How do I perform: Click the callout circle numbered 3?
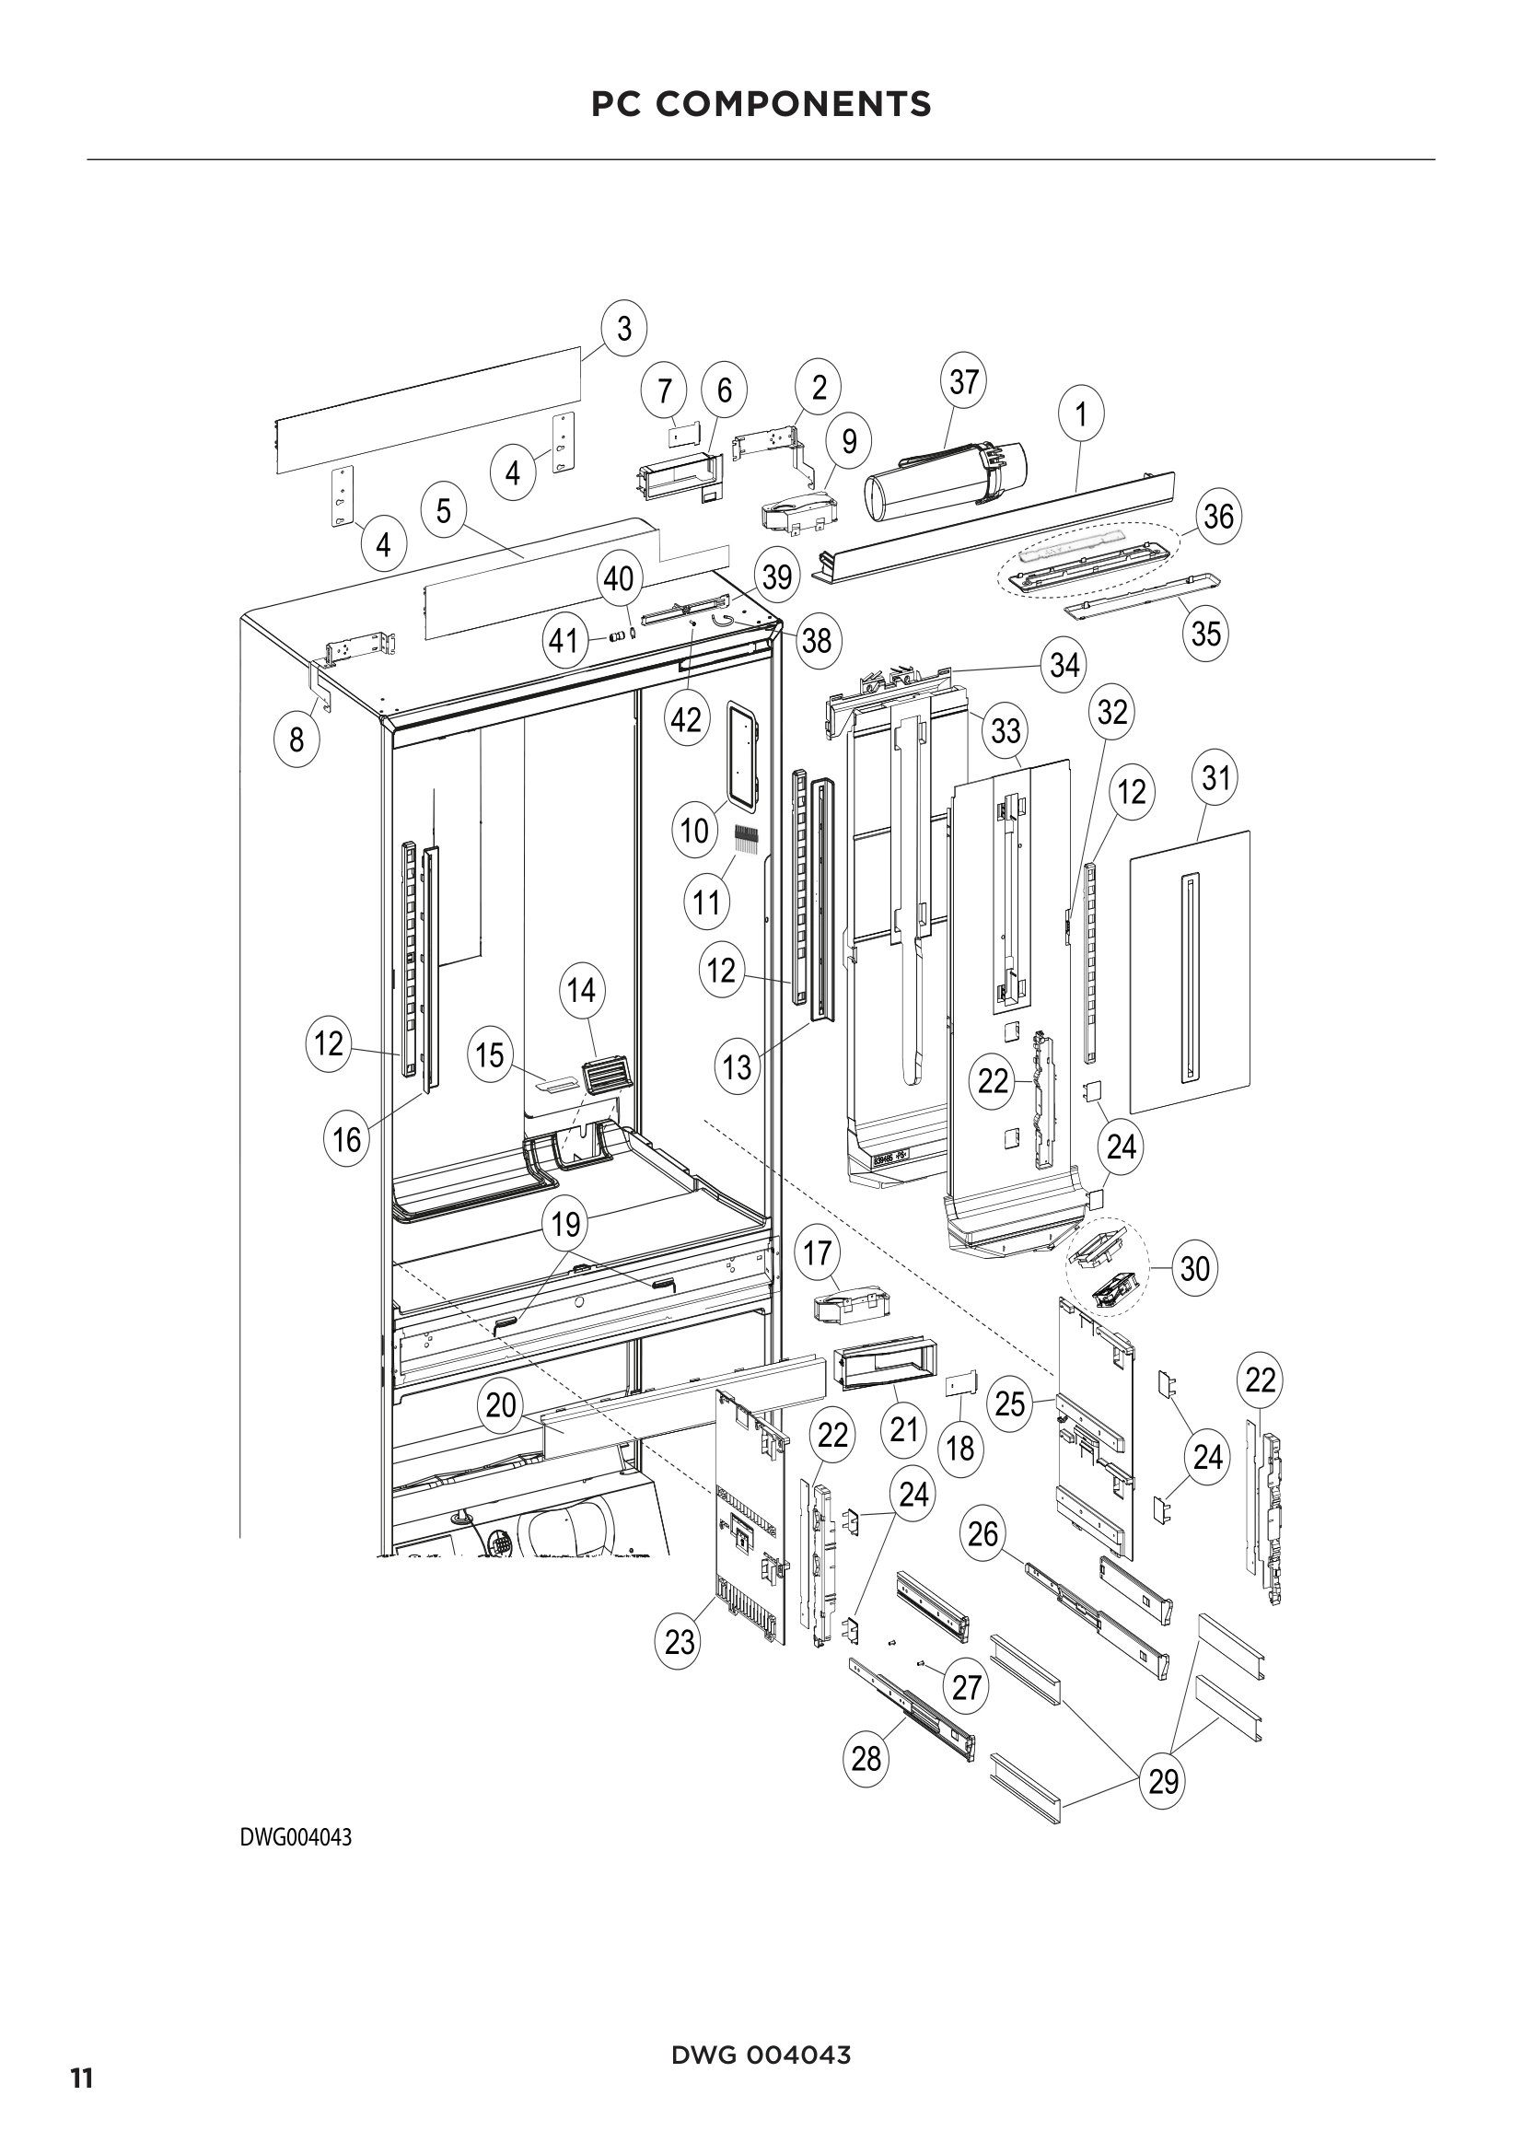[624, 329]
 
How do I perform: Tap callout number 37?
[963, 382]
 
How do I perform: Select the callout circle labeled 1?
[1081, 413]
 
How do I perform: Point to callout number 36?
[1218, 516]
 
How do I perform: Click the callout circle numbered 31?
[1215, 778]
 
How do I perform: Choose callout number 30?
[1194, 1268]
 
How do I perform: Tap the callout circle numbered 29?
[1164, 1780]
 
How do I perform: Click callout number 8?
[296, 740]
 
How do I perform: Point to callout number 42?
[687, 720]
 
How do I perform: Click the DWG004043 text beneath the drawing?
[296, 1863]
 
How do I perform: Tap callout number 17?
[818, 1252]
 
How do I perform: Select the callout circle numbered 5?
[444, 511]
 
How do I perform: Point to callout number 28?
[866, 1758]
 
